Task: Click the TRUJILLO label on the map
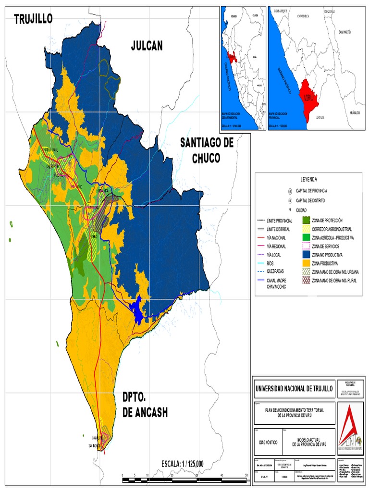[x=33, y=19]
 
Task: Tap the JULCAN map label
[x=147, y=46]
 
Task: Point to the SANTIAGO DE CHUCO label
[x=207, y=150]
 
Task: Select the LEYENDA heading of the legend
[x=308, y=179]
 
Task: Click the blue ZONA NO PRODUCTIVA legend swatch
[x=306, y=255]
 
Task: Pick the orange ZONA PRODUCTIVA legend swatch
[x=306, y=263]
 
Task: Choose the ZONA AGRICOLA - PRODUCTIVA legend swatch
[x=306, y=237]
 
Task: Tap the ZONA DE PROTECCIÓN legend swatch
[x=306, y=220]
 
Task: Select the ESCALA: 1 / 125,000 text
[x=183, y=464]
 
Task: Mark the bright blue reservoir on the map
[x=138, y=310]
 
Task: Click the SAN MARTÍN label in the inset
[x=344, y=32]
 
